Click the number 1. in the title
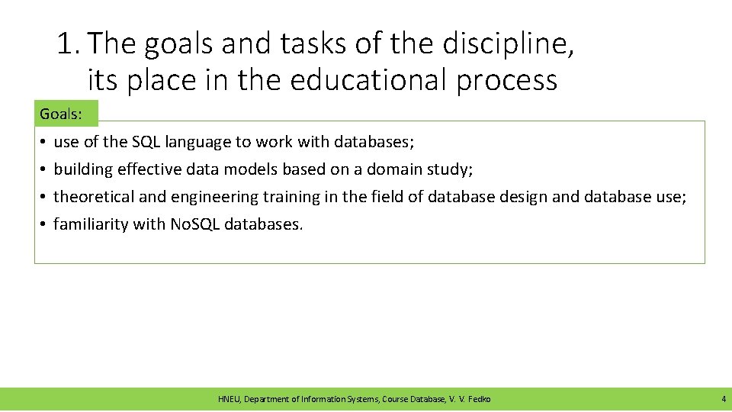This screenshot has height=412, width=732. [x=69, y=45]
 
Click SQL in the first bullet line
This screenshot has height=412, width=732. [x=147, y=142]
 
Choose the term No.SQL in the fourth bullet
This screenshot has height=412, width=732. [x=194, y=224]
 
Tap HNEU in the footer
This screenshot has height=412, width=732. [x=228, y=399]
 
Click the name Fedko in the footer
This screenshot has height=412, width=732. [x=479, y=399]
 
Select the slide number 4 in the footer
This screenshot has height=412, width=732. [x=723, y=399]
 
